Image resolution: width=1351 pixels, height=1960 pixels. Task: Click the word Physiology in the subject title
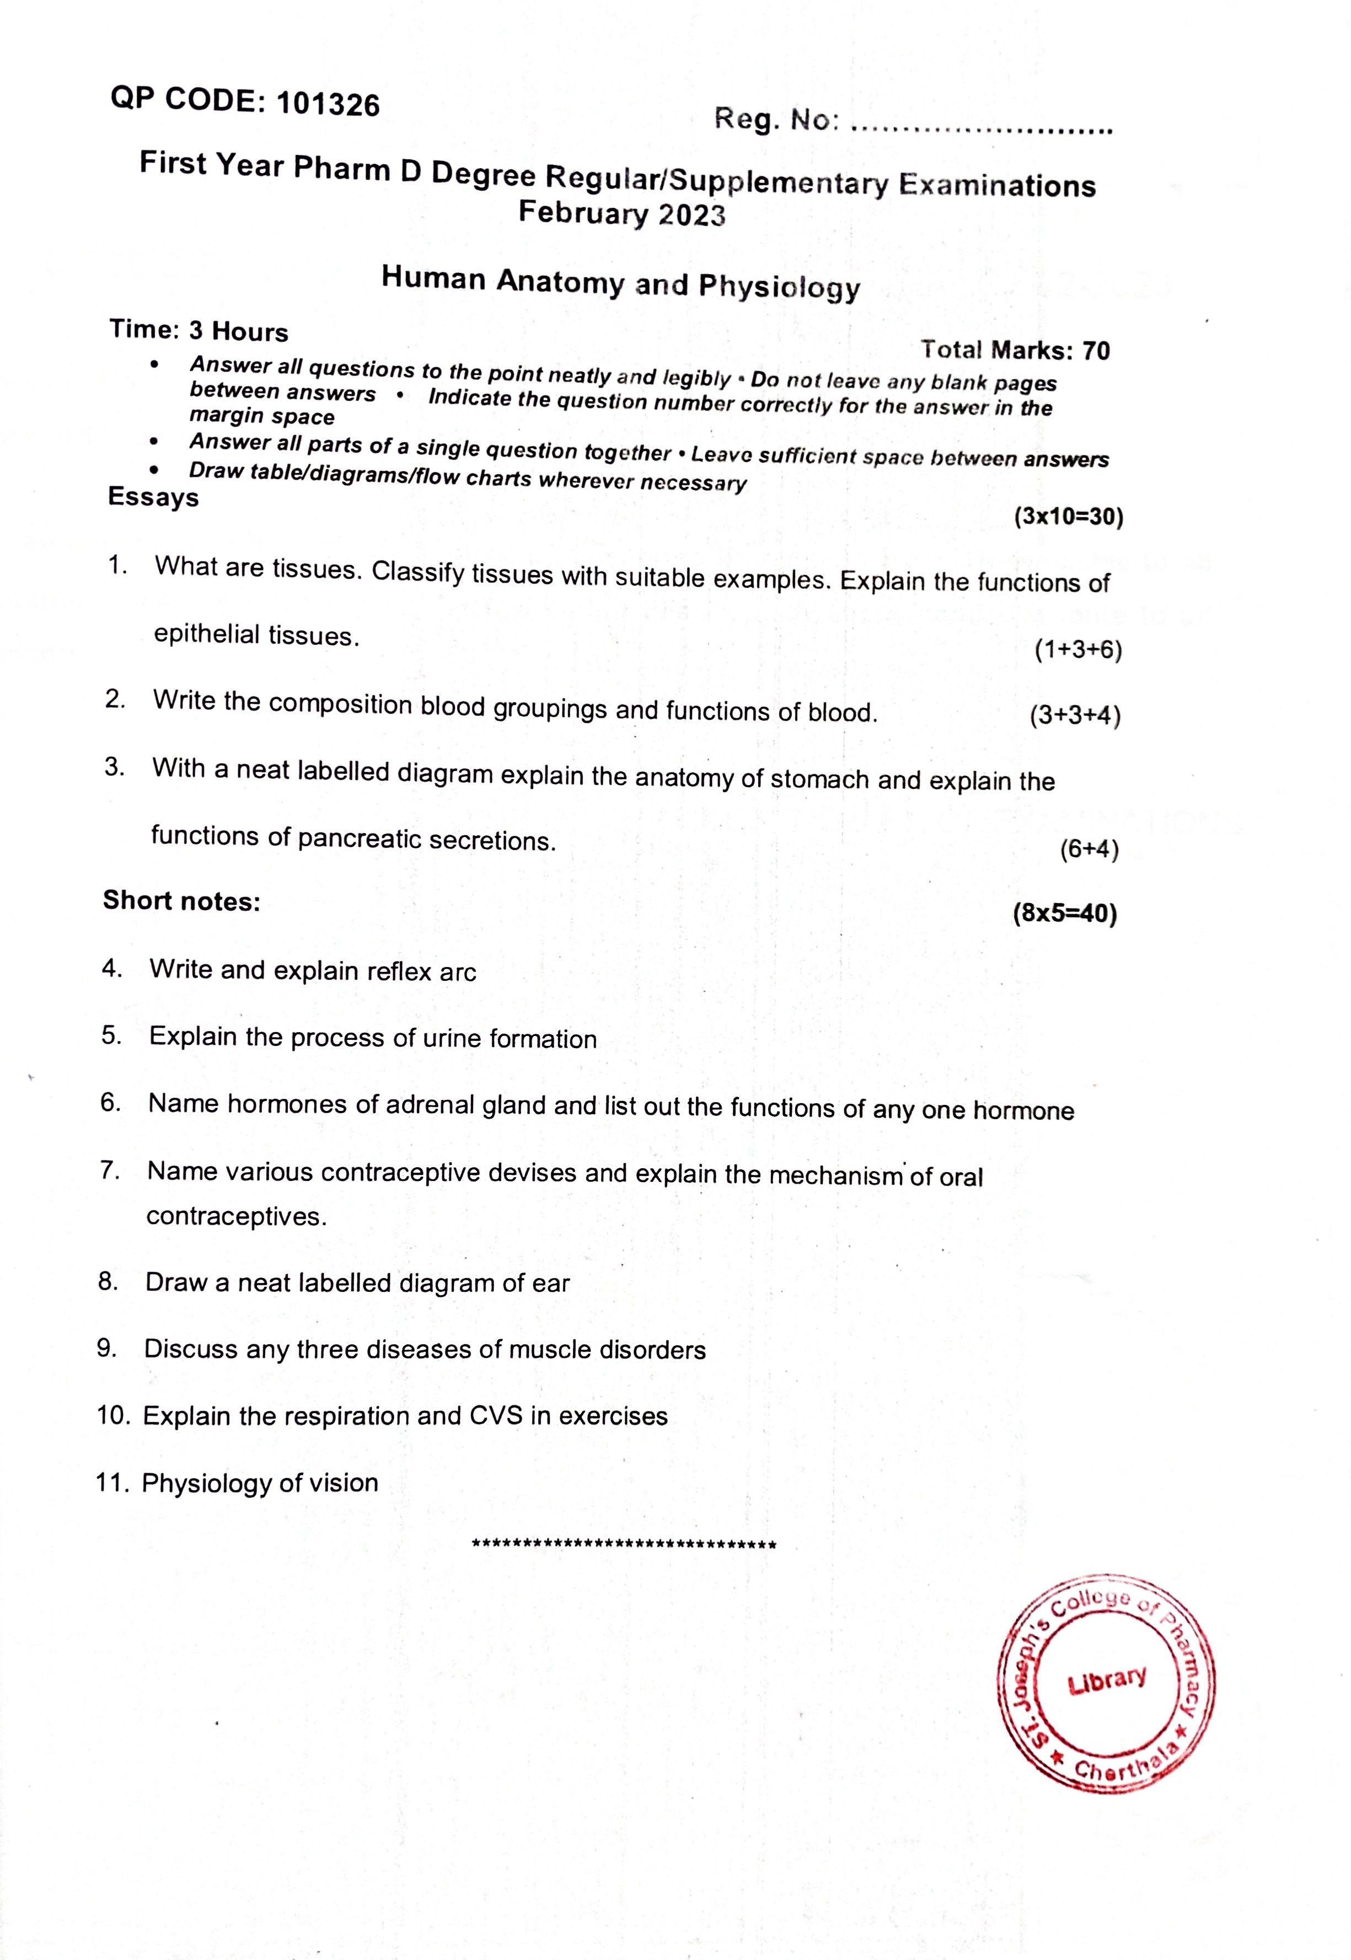pyautogui.click(x=779, y=288)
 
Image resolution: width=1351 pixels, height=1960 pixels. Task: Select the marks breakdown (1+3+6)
pyautogui.click(x=1077, y=650)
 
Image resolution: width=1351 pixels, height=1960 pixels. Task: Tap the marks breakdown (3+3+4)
pyautogui.click(x=1075, y=716)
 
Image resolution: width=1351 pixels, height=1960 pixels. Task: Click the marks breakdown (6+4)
pyautogui.click(x=1090, y=849)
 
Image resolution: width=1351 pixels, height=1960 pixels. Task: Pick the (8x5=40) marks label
pyautogui.click(x=1064, y=914)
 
